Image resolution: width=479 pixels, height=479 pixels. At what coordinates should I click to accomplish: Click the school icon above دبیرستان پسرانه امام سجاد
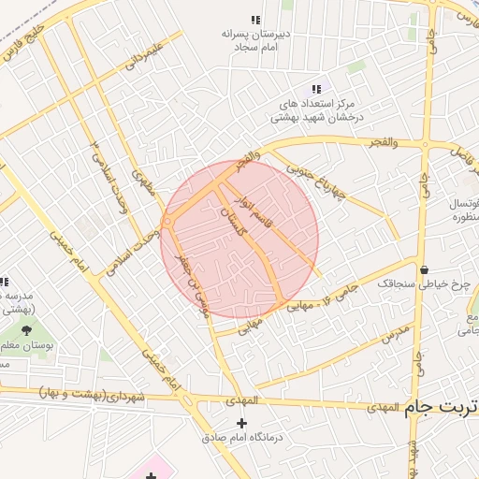(x=255, y=20)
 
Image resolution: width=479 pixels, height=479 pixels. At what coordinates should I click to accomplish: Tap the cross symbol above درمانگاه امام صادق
(x=241, y=424)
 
